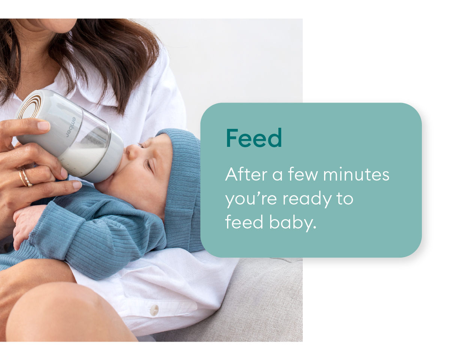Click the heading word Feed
click(x=254, y=138)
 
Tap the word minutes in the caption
click(x=356, y=174)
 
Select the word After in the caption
click(x=247, y=174)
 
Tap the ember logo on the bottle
click(x=71, y=127)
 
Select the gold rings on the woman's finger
click(x=25, y=178)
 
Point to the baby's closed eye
click(x=150, y=164)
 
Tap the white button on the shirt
click(x=154, y=309)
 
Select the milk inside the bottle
click(x=84, y=156)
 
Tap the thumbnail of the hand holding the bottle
click(x=44, y=126)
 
